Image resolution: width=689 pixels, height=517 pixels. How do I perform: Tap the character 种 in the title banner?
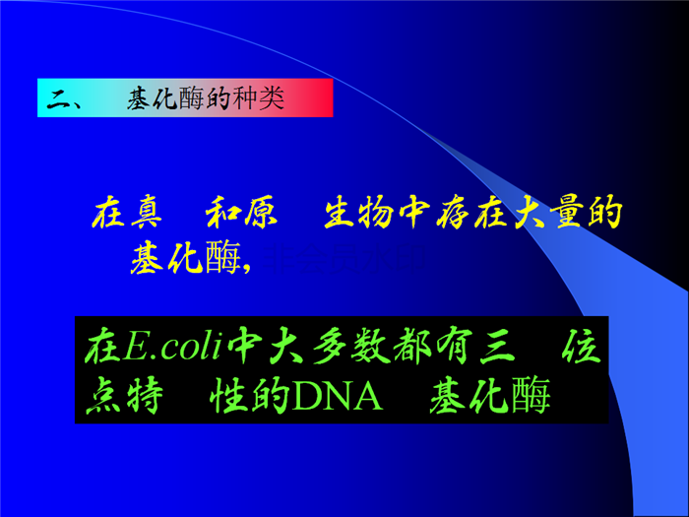pos(244,98)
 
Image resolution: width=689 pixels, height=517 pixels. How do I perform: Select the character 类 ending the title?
pos(271,98)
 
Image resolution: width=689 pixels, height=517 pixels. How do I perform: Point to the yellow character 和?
pos(221,213)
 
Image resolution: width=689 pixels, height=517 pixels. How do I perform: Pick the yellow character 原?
pos(260,213)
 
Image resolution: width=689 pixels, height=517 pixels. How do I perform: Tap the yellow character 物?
pos(376,213)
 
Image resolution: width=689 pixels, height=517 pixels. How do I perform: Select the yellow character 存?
pos(454,213)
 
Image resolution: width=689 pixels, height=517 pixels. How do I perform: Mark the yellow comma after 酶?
pos(246,266)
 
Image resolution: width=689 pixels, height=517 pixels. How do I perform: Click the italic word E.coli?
pos(172,347)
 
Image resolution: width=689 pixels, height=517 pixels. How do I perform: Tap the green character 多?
pos(330,347)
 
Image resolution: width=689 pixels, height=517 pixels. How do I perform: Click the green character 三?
pos(496,349)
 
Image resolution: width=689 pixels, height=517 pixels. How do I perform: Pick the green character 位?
pos(581,347)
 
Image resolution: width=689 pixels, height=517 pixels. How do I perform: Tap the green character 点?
pos(103,395)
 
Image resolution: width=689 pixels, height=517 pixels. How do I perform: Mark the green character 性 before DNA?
pos(226,395)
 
